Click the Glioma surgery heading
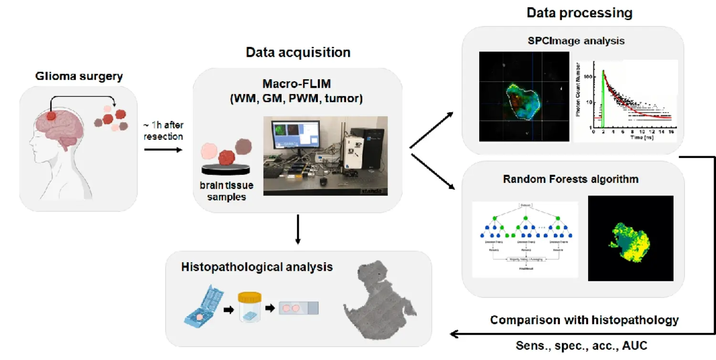[x=79, y=76]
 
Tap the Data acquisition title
[x=298, y=52]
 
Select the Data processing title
[x=579, y=13]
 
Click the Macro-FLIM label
[x=296, y=85]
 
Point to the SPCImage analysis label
[x=577, y=41]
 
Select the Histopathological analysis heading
[x=257, y=267]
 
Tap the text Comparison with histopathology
[x=584, y=319]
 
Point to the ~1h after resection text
[x=164, y=130]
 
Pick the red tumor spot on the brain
[x=51, y=116]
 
